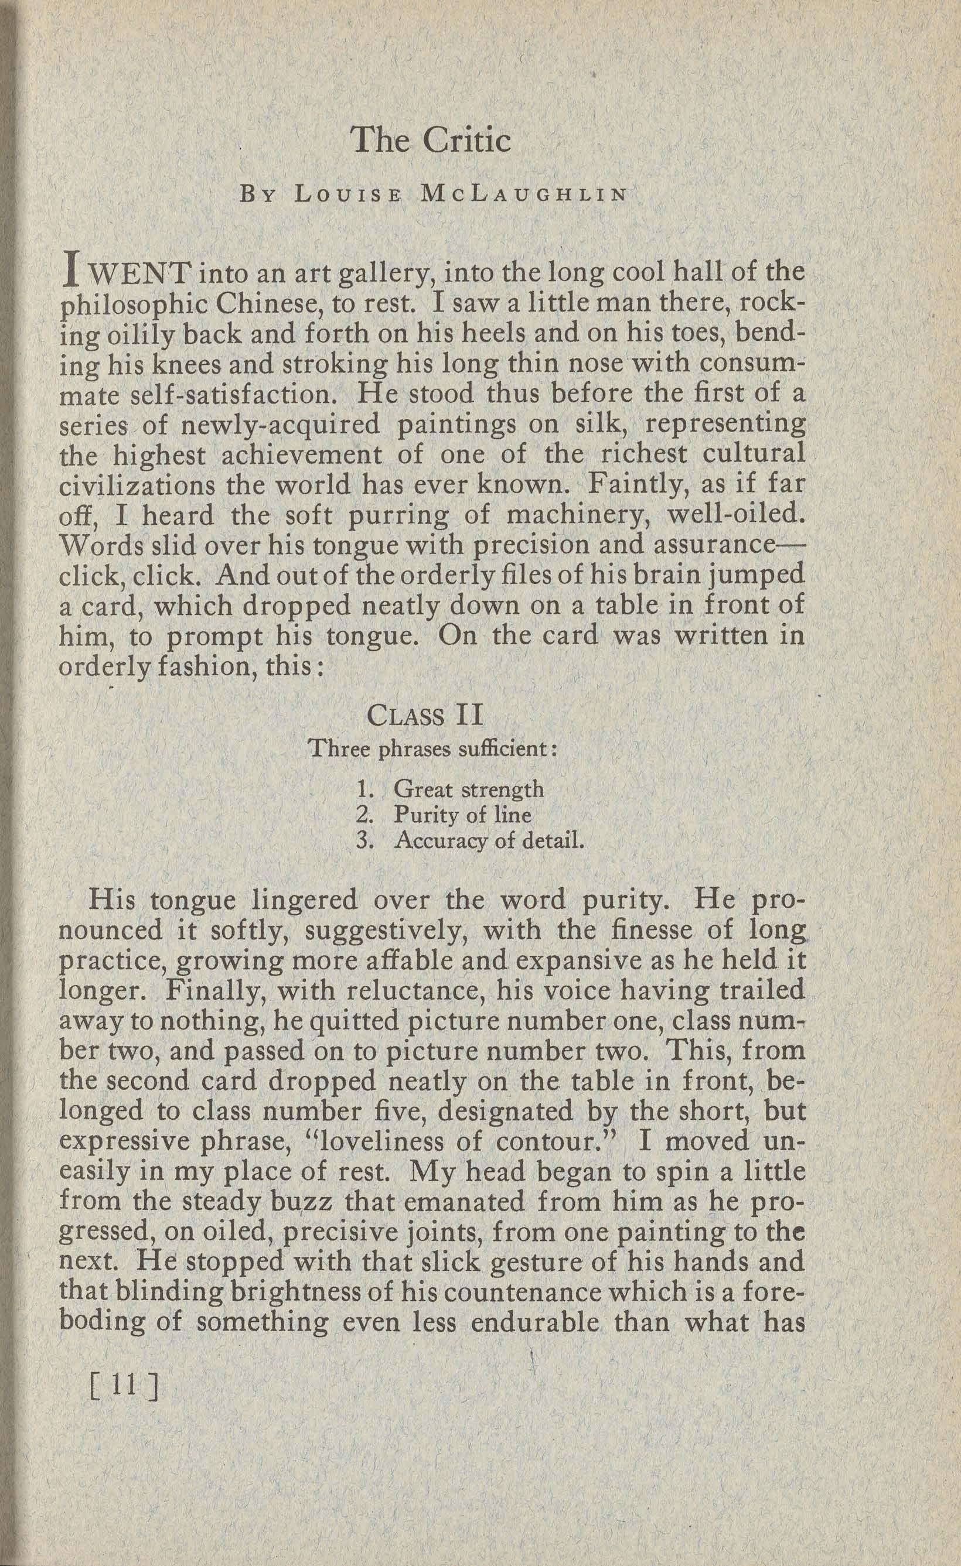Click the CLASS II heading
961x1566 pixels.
click(x=425, y=716)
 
